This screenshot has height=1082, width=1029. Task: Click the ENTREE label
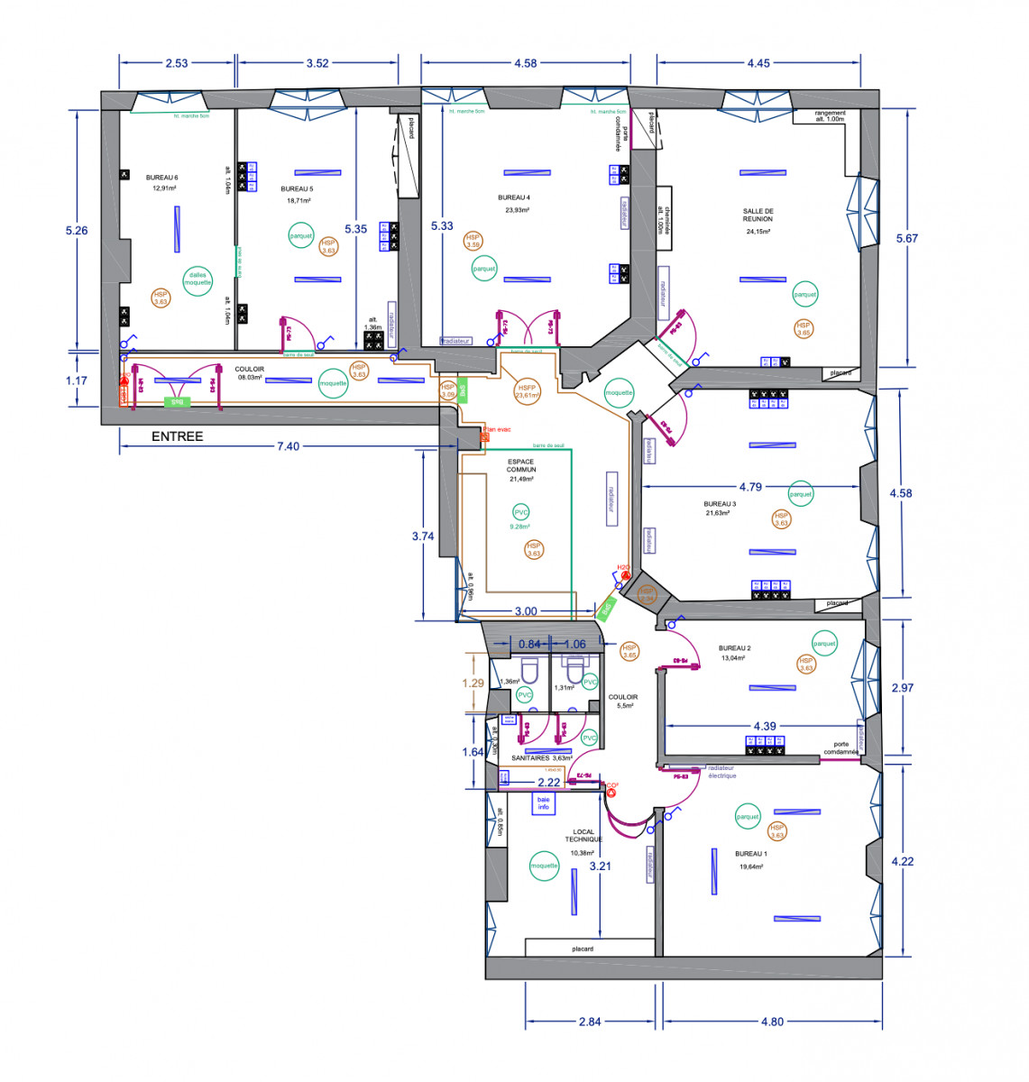[177, 436]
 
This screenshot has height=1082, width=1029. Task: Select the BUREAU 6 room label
[161, 178]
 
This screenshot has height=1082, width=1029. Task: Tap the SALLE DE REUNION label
[758, 215]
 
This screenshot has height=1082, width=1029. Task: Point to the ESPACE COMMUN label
[521, 465]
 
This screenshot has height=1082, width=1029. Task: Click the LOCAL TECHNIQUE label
[583, 836]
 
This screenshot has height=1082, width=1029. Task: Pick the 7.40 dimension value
[288, 446]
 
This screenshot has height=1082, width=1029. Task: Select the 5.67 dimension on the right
[906, 238]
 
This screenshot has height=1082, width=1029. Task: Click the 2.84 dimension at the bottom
[590, 1022]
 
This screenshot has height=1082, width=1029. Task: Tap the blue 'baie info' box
[543, 803]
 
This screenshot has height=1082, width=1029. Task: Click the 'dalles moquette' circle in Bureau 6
[198, 280]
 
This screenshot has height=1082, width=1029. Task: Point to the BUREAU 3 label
[720, 504]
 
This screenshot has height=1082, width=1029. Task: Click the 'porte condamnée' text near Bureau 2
[841, 748]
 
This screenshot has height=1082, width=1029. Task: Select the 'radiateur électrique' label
[721, 772]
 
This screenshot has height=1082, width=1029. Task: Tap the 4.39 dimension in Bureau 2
[765, 726]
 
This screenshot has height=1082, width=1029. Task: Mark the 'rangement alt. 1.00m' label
[830, 115]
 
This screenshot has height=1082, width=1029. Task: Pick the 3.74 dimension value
[423, 536]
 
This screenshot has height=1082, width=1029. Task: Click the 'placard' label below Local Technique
[583, 949]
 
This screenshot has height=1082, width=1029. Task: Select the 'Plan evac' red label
[497, 430]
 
